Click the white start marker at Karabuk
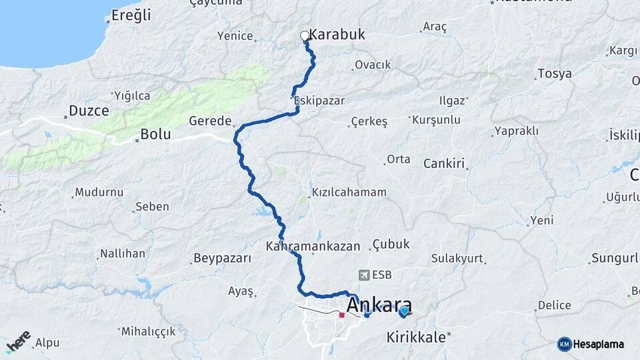tap(305, 36)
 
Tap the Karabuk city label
tap(337, 35)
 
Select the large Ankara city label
tap(379, 306)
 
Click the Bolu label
tap(155, 135)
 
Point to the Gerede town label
tap(210, 121)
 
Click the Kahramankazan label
tap(313, 245)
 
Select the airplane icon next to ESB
tap(364, 275)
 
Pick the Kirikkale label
tap(416, 337)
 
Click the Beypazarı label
tap(222, 258)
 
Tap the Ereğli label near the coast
tap(131, 15)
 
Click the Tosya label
tap(555, 73)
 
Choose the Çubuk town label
tap(391, 244)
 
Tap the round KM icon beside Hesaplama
tap(564, 344)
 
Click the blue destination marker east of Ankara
tap(404, 310)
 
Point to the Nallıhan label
tap(122, 253)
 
